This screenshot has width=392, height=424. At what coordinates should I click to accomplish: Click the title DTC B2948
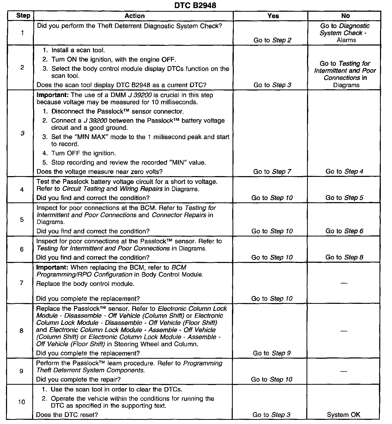[195, 5]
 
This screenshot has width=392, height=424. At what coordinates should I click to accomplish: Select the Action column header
[134, 16]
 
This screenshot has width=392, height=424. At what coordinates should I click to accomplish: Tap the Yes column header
[273, 16]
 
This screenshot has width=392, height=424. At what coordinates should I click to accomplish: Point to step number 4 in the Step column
[22, 190]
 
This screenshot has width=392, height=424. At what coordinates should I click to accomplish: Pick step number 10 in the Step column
[21, 402]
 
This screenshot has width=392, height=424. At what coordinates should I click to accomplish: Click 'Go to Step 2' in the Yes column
[272, 40]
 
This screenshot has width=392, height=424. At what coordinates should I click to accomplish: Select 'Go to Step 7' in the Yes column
[272, 171]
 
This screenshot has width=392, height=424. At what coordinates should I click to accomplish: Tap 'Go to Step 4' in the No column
[344, 171]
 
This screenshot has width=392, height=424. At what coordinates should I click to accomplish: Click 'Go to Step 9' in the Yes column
[272, 353]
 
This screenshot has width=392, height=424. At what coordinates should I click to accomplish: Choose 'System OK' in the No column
[344, 415]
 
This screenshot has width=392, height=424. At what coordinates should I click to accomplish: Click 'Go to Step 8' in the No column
[344, 257]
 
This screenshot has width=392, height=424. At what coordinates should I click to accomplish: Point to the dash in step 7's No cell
[344, 283]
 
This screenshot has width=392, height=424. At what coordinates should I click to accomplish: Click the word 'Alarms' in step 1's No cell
[346, 40]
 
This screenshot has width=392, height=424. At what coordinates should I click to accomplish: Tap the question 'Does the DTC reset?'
[67, 415]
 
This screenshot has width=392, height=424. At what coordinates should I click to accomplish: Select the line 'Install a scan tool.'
[78, 50]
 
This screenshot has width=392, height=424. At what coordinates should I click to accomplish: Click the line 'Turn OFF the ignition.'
[83, 153]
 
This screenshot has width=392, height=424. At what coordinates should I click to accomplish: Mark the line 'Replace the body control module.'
[85, 284]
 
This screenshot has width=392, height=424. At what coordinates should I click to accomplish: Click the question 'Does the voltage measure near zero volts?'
[99, 172]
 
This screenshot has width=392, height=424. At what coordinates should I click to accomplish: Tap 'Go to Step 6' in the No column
[344, 231]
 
